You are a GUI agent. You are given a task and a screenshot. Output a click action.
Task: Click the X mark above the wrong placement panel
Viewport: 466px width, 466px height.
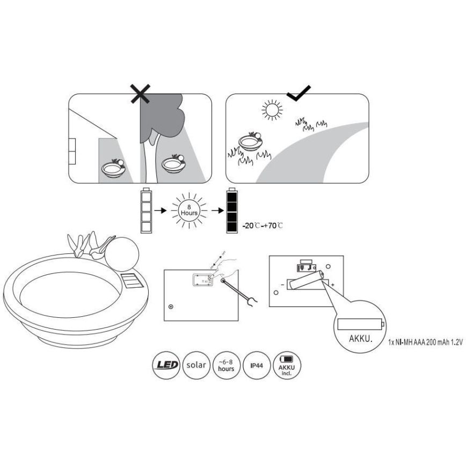coord(141,95)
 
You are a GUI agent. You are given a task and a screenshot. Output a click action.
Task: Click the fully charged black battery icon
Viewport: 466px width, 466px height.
coord(231,211)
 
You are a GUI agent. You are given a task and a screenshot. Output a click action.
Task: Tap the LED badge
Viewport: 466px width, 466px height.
coord(168,365)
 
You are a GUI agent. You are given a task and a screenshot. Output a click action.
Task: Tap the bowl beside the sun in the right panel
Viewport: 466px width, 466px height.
coord(251,143)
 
